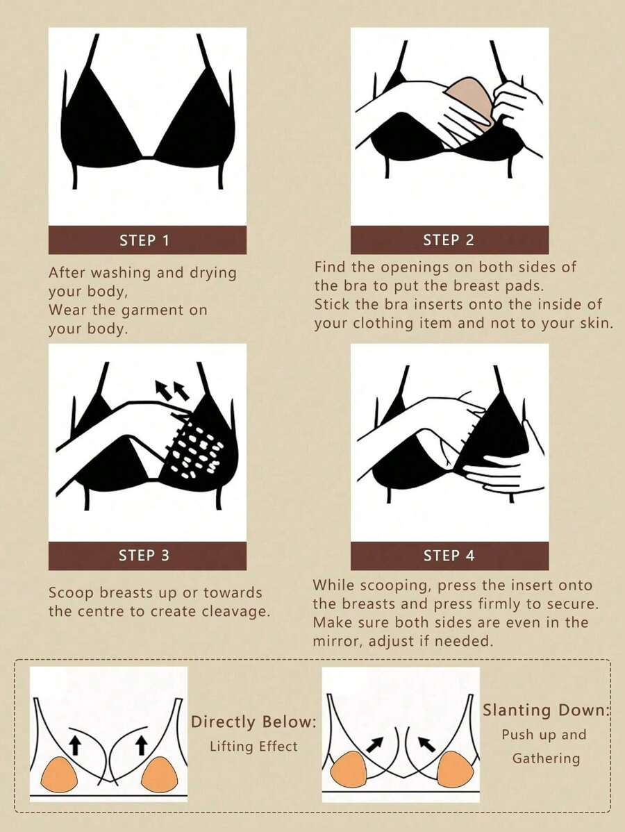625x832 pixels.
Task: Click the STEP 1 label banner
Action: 147,240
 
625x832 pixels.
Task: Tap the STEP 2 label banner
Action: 449,240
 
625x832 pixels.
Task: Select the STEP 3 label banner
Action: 147,556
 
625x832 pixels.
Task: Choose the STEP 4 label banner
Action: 449,556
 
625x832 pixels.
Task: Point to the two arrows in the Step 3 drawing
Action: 172,390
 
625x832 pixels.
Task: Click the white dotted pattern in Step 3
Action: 197,449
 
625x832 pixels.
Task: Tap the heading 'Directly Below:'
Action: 253,722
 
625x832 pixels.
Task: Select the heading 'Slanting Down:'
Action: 547,710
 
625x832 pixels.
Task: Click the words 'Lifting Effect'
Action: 253,747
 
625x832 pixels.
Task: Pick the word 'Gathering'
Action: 546,758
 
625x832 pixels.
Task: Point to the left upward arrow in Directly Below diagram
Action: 75,745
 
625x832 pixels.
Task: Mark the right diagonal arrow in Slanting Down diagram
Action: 426,744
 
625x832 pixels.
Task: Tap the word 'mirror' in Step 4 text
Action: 336,641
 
